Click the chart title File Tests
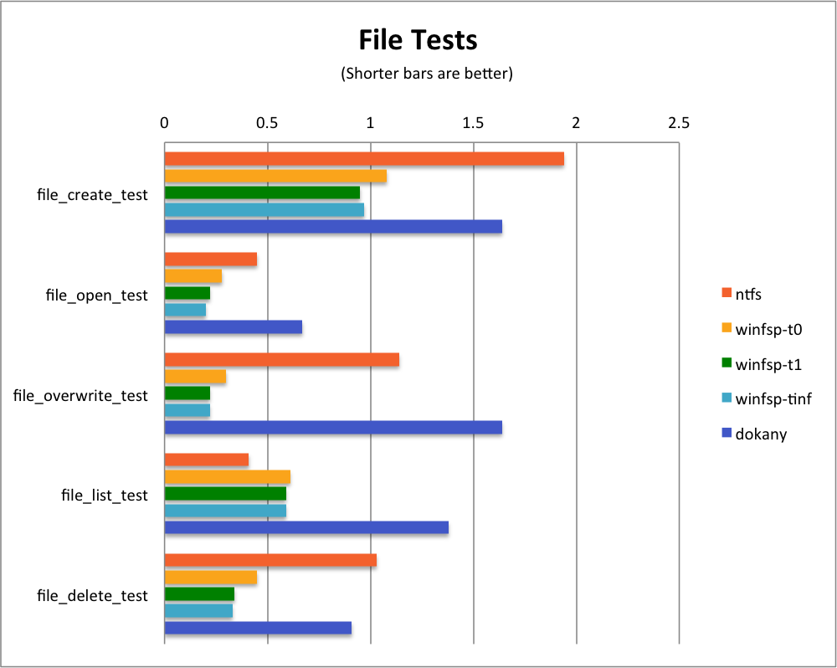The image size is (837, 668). click(418, 39)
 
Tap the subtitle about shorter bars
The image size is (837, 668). click(426, 74)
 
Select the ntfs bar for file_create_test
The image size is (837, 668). click(364, 159)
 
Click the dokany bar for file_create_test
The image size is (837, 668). click(333, 226)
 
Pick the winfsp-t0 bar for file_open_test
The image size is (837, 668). click(193, 276)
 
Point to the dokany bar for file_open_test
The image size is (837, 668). click(233, 326)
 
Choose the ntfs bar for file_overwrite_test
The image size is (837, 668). click(281, 360)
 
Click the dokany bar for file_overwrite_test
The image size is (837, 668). click(333, 427)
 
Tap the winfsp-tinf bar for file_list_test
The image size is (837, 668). click(225, 511)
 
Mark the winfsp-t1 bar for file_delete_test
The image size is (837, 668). click(199, 594)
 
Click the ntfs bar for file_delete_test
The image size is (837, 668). click(270, 561)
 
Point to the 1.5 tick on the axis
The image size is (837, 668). click(473, 123)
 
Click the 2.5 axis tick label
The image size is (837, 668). click(679, 123)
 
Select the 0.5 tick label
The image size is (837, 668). click(267, 123)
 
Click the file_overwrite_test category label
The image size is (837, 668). click(80, 395)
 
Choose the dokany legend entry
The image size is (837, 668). click(761, 434)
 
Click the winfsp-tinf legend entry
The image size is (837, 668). click(773, 399)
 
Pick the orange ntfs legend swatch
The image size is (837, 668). click(726, 294)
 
